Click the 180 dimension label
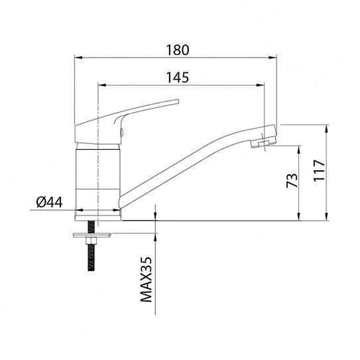coord(178,50)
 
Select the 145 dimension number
coord(178,78)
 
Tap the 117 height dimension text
coord(319,170)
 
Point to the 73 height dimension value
coord(292,180)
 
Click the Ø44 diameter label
coord(49,202)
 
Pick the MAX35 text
coord(147,279)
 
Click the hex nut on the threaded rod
coord(91,241)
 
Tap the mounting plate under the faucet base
coord(92,235)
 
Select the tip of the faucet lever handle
coord(178,101)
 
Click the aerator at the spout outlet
coord(264,144)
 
